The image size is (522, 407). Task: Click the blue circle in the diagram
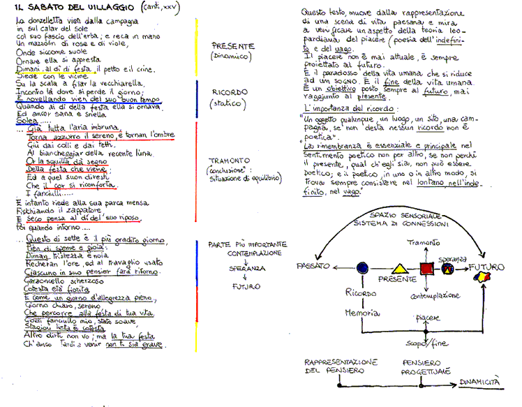(361, 267)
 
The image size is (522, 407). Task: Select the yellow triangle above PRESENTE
(400, 267)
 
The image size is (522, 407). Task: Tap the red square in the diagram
(426, 267)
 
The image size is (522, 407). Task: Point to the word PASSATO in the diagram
(316, 267)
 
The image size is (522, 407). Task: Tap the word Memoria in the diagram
(361, 314)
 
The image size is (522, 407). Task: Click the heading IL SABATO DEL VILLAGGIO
(67, 8)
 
